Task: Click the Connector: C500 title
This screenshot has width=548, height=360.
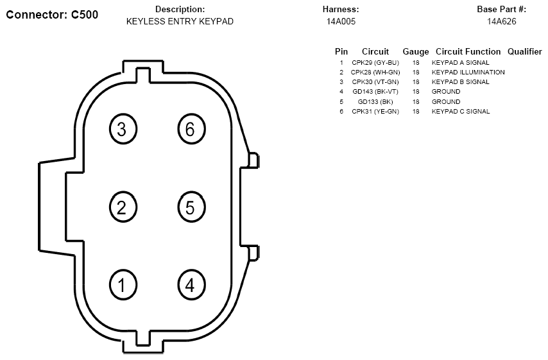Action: [52, 15]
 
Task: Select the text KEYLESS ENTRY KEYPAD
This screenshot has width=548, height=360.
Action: [180, 21]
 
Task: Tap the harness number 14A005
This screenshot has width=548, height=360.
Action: [341, 21]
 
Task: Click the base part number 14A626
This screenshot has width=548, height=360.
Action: [502, 21]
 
